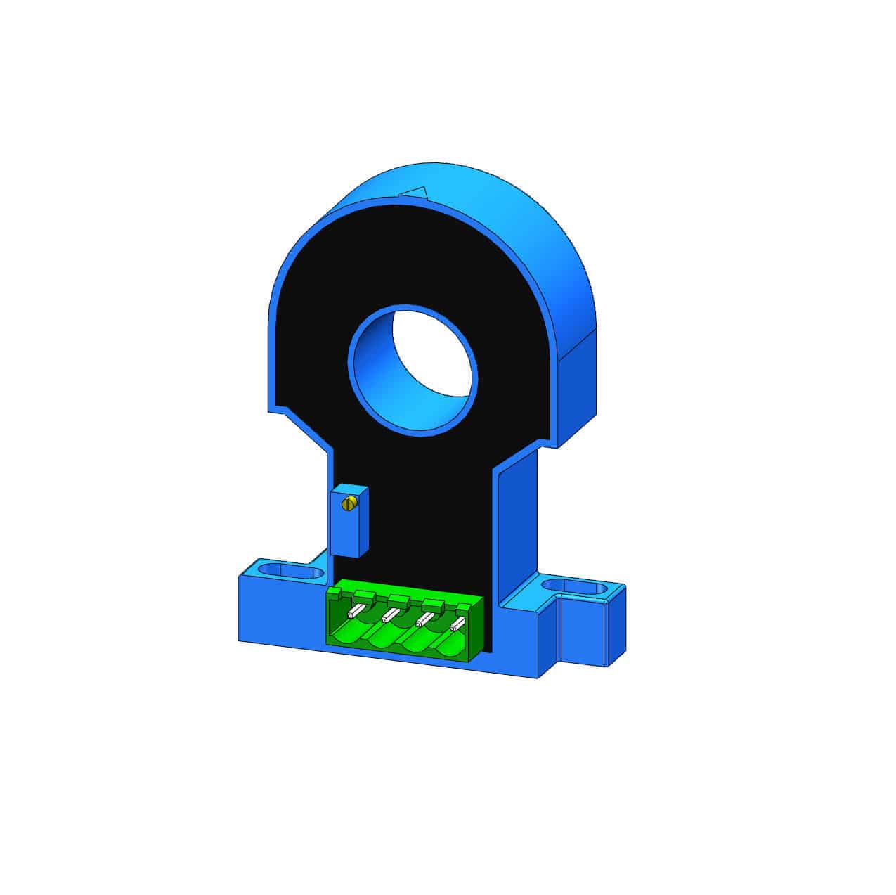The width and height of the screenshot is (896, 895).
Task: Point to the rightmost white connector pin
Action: [x=457, y=623]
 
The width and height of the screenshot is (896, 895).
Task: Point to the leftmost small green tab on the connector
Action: [x=336, y=595]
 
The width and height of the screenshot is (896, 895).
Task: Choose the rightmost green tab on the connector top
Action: [x=465, y=607]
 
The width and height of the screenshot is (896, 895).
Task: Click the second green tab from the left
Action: [x=364, y=597]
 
